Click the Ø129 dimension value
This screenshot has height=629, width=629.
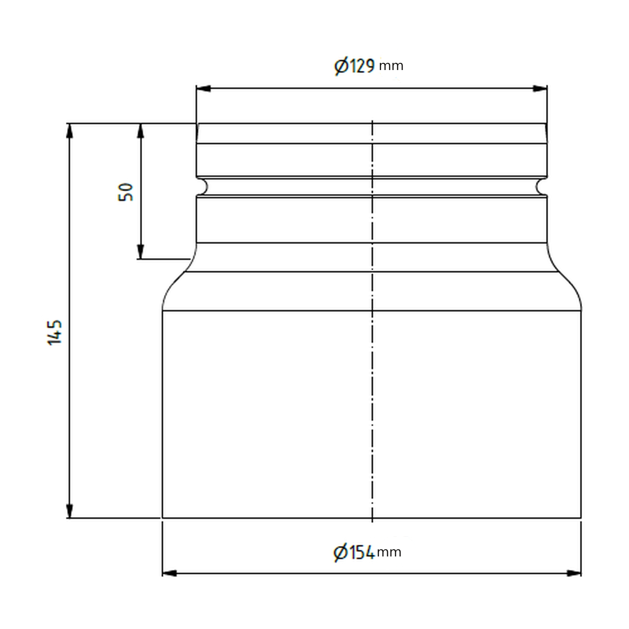(x=354, y=66)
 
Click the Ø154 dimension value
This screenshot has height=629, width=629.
(x=354, y=552)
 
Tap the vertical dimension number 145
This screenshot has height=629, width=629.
(x=55, y=332)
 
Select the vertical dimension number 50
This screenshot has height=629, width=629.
(x=127, y=192)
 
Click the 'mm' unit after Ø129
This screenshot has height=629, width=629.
(x=391, y=66)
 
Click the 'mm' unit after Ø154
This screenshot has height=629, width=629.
(x=389, y=552)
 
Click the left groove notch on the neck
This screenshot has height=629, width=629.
(x=203, y=187)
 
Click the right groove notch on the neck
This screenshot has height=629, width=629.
(x=541, y=187)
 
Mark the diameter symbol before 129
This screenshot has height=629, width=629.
(x=340, y=66)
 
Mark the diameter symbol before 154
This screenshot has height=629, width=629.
(x=340, y=552)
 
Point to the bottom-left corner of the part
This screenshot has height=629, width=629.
(x=163, y=518)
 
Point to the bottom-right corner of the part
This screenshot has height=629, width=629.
(x=581, y=518)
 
